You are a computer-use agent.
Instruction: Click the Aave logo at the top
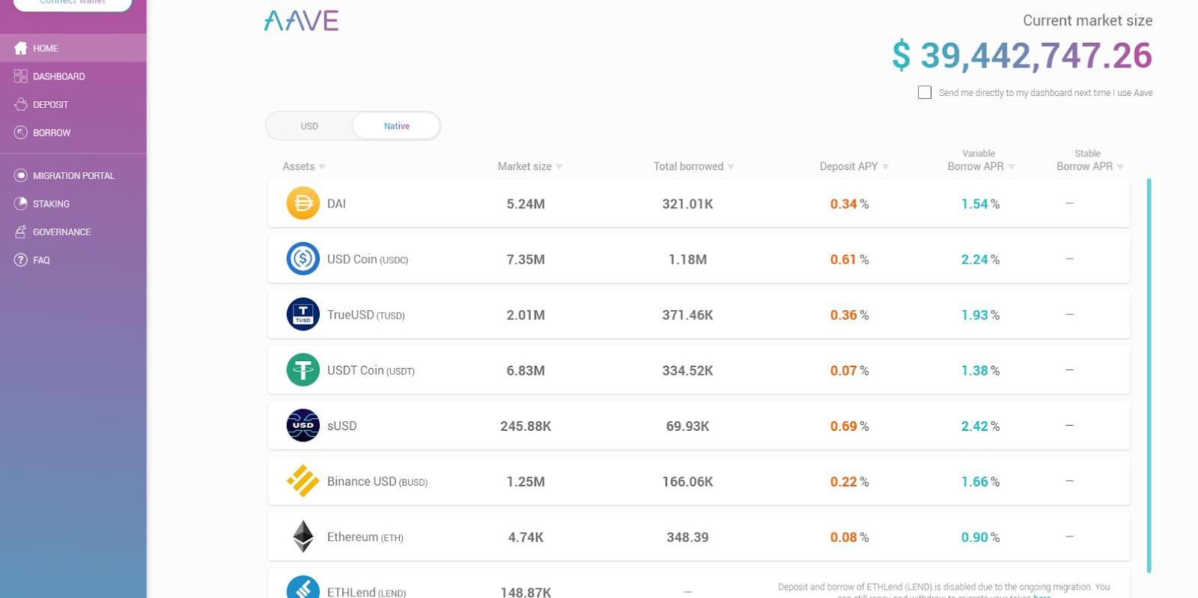[x=301, y=21]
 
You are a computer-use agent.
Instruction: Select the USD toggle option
[x=309, y=126]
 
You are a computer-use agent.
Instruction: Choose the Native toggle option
[x=396, y=126]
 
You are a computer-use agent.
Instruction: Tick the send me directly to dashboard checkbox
[x=925, y=92]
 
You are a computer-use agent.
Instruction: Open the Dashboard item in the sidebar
[x=58, y=76]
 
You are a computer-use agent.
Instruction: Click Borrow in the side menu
[x=52, y=133]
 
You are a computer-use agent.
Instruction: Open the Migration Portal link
[x=73, y=175]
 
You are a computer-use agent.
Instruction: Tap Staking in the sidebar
[x=51, y=204]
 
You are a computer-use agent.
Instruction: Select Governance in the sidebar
[x=61, y=232]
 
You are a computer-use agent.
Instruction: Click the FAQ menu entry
[x=41, y=260]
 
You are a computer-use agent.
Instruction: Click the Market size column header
[x=525, y=166]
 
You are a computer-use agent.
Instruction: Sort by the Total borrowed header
[x=688, y=166]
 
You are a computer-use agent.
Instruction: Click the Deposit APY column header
[x=848, y=166]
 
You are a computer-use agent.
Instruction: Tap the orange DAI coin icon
[x=303, y=203]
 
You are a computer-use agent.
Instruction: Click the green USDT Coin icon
[x=303, y=370]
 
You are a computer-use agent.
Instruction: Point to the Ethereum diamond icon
[x=303, y=537]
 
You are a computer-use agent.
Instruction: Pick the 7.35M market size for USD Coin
[x=526, y=259]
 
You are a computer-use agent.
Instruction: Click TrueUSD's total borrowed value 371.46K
[x=687, y=315]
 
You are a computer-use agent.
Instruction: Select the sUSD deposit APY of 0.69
[x=844, y=426]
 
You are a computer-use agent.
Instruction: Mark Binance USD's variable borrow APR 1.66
[x=975, y=481]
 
